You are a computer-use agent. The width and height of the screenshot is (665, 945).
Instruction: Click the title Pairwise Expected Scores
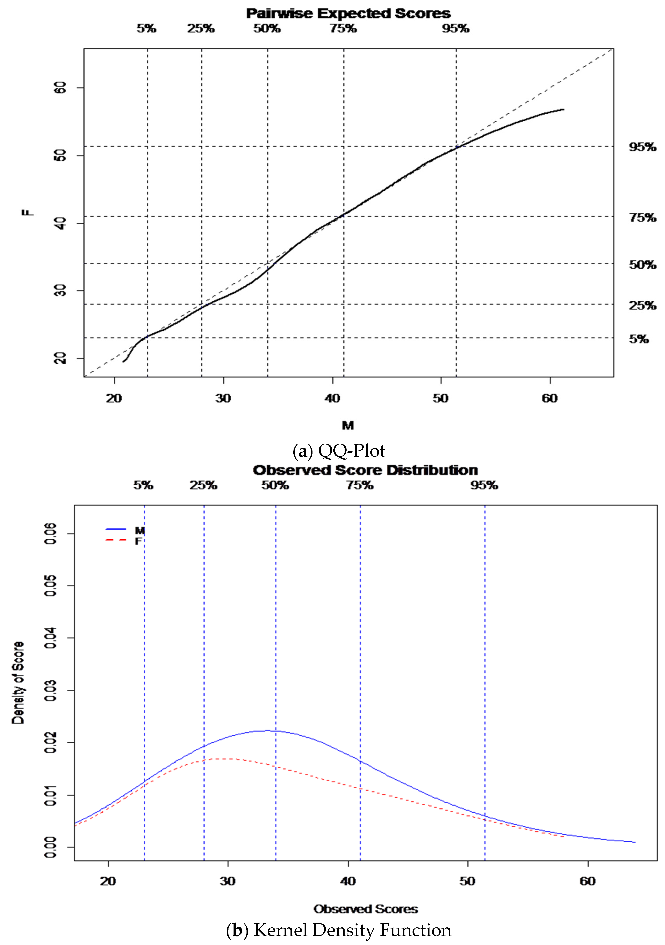tap(348, 14)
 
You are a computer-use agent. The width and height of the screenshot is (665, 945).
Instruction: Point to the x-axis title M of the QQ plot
tap(348, 425)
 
